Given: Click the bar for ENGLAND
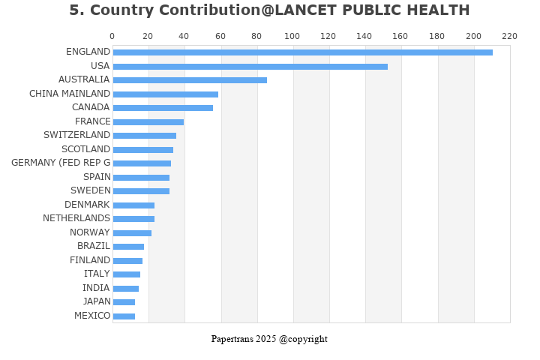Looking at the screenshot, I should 302,52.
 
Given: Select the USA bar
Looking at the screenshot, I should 250,66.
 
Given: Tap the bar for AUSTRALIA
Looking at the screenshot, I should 190,80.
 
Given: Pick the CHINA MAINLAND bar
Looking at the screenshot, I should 165,94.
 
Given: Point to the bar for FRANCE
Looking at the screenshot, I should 148,122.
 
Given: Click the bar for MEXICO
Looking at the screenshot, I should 124,316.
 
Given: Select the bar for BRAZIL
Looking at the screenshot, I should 128,247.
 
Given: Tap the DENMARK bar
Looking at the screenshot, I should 133,205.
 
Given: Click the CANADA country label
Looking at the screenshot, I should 91,107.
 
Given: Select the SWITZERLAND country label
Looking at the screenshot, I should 76,135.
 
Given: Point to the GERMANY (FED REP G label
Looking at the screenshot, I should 61,163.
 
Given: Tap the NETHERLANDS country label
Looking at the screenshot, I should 76,218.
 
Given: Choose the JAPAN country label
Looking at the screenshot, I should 96,301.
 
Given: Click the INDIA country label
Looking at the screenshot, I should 96,288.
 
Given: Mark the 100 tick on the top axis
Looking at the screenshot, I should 292,36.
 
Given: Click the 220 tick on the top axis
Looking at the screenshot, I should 509,36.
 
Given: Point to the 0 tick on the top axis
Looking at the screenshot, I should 112,36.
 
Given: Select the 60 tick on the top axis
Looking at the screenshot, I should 220,36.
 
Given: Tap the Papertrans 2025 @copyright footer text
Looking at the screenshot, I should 269,339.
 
